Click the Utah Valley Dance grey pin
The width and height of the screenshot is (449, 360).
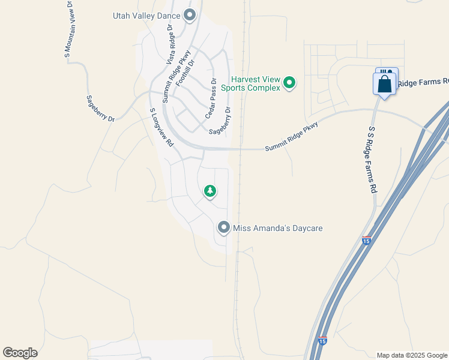pos(190,16)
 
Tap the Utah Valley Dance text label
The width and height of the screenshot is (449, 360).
pos(147,16)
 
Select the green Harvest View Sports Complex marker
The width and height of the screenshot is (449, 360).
pos(289,83)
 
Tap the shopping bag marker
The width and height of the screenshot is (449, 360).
pos(385,83)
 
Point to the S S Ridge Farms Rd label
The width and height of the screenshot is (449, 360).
pos(372,160)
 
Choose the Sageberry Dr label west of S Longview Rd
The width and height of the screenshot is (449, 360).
pos(100,109)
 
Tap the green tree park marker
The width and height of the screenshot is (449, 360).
pos(209,191)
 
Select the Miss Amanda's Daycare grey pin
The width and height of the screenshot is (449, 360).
pos(224,227)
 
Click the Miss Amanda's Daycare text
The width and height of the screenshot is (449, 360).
pos(278,228)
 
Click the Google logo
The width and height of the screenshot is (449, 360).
pos(20,353)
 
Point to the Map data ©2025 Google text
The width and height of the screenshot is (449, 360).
pos(411,355)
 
